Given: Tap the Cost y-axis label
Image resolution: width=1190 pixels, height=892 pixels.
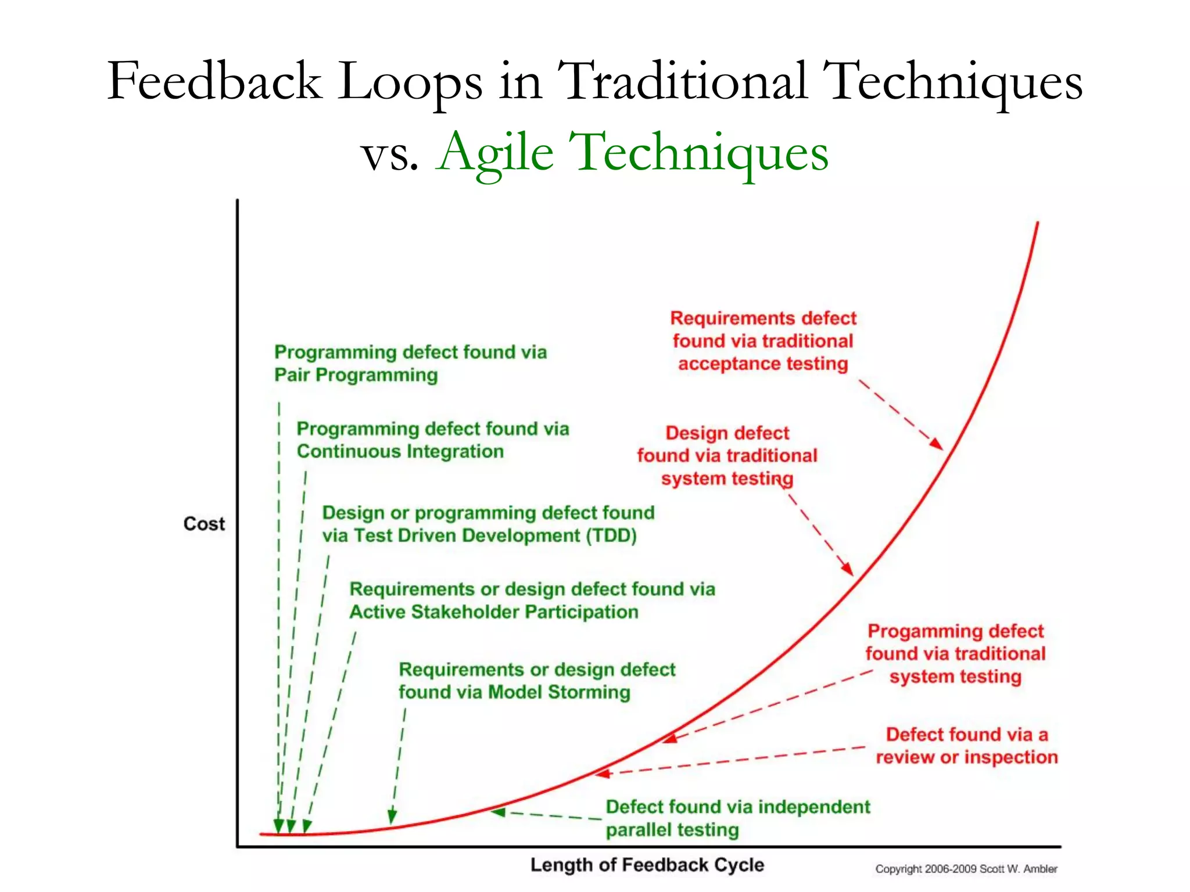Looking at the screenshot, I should [204, 524].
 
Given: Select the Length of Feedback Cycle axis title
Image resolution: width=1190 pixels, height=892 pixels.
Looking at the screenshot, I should [647, 865].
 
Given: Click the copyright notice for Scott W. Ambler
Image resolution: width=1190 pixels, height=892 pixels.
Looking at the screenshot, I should [966, 869].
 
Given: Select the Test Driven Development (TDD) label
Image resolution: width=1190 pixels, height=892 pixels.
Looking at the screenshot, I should [488, 524].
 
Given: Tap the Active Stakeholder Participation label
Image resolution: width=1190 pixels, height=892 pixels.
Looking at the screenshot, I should [532, 600].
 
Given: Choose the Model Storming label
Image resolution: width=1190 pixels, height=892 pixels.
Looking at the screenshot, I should [536, 681].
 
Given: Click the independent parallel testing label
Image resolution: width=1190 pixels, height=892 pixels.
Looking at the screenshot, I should [737, 818].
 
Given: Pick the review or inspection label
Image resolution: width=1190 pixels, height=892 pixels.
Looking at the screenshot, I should [966, 746].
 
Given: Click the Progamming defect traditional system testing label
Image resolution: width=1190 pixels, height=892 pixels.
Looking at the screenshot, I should [955, 654].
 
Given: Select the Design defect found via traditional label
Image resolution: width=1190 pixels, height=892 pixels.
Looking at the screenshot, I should [727, 456].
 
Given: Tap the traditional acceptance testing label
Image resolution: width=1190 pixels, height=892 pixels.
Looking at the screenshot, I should [763, 341].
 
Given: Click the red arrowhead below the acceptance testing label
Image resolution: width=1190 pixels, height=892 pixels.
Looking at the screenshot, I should [936, 444].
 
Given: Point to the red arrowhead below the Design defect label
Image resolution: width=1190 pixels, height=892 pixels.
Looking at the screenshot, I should [848, 569].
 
